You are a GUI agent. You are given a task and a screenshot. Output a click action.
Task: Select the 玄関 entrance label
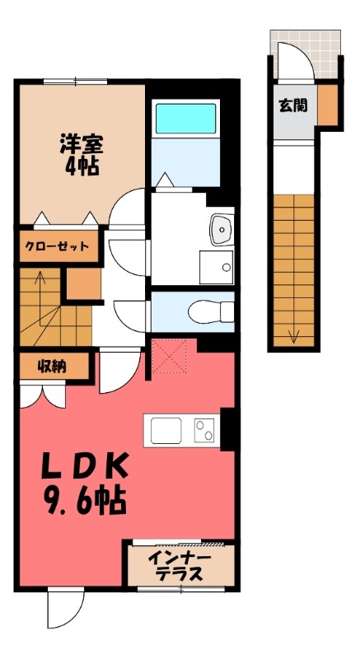click(290, 105)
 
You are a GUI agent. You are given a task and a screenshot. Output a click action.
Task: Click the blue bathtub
click(185, 118)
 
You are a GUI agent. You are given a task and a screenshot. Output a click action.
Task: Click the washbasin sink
click(220, 229)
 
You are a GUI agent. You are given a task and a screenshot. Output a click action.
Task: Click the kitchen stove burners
click(204, 431)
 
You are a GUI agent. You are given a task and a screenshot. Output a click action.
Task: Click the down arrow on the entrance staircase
click(292, 334)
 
